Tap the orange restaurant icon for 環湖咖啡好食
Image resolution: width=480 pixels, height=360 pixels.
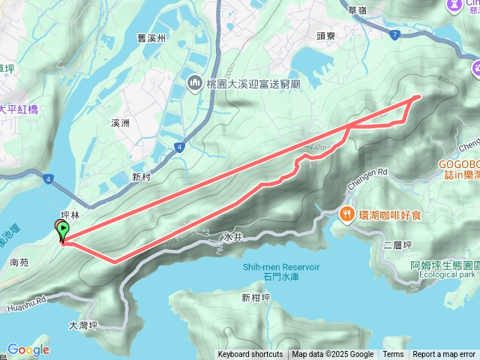(346, 214)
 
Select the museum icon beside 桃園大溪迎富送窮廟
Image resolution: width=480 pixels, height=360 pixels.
(194, 81)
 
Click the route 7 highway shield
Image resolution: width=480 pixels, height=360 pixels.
(394, 34)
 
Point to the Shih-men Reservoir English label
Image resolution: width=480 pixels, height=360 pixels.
(280, 266)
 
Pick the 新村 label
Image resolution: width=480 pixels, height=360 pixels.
(141, 177)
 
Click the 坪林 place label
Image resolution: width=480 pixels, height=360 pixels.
(70, 214)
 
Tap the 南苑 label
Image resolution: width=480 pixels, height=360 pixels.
(19, 263)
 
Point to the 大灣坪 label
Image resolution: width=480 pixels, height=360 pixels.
(83, 325)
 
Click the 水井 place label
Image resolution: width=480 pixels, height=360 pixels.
(233, 235)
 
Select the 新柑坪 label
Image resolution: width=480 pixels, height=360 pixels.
(256, 298)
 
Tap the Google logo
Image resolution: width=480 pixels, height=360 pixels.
(28, 349)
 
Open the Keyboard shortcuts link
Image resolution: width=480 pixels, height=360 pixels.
(250, 355)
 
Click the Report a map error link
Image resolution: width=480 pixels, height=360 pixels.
(443, 355)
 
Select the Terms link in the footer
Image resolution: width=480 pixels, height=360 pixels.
(393, 355)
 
